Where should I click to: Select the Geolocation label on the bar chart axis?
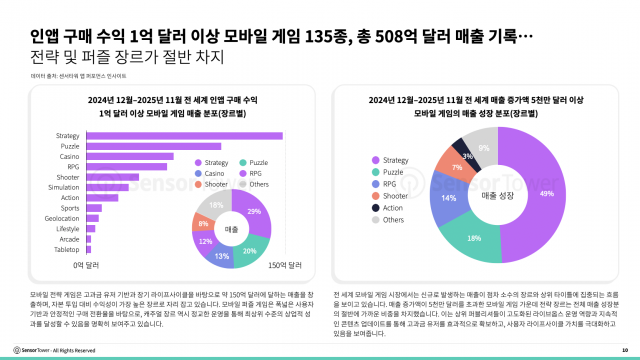click(x=61, y=219)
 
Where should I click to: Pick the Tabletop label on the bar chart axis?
click(x=66, y=250)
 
